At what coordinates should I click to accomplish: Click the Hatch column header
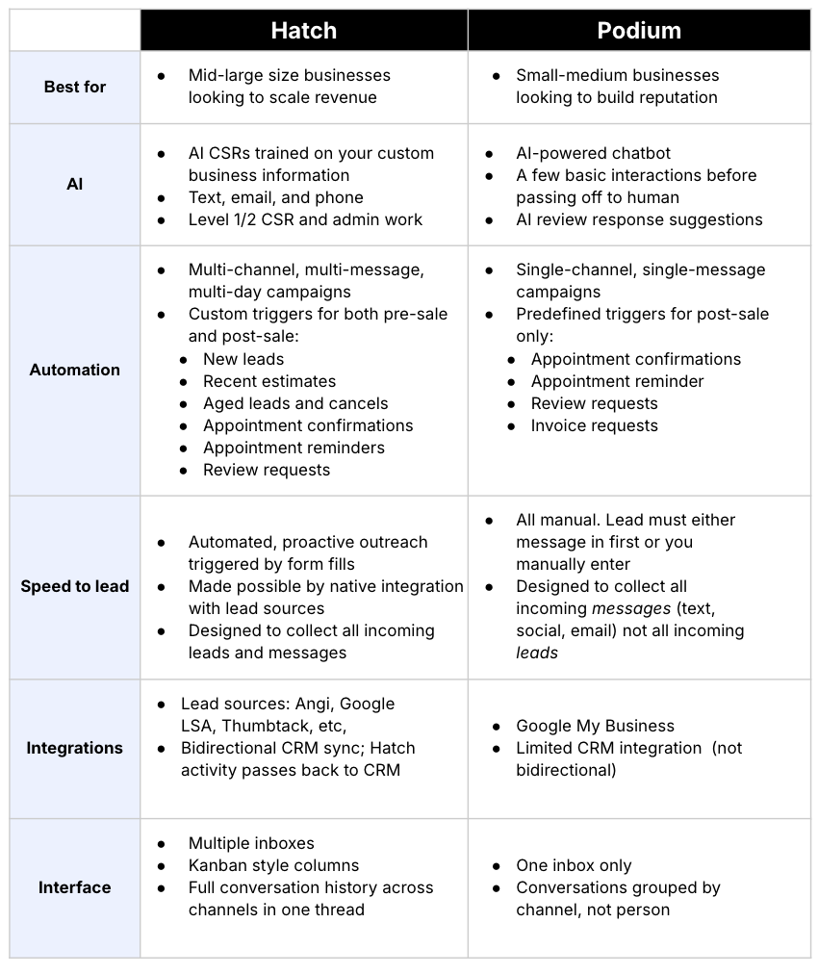303,31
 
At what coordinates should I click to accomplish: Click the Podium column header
639,31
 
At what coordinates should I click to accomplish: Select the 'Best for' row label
75,87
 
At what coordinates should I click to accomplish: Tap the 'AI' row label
75,184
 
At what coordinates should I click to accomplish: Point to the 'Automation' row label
75,370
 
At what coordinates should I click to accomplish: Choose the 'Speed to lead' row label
75,586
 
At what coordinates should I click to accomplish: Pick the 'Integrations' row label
75,748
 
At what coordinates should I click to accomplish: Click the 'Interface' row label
75,887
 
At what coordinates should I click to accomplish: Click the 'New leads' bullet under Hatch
243,359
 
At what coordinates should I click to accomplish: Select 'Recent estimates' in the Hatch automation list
269,381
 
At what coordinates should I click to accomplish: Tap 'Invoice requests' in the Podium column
594,425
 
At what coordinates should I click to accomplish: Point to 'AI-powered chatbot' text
593,153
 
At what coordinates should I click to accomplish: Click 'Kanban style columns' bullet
273,865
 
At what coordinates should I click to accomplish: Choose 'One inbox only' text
574,865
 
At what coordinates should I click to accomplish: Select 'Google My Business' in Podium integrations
595,726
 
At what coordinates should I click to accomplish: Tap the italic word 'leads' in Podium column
537,653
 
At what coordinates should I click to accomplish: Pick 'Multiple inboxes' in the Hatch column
251,843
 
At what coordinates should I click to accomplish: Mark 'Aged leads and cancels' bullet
295,403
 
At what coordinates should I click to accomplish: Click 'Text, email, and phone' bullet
275,197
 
